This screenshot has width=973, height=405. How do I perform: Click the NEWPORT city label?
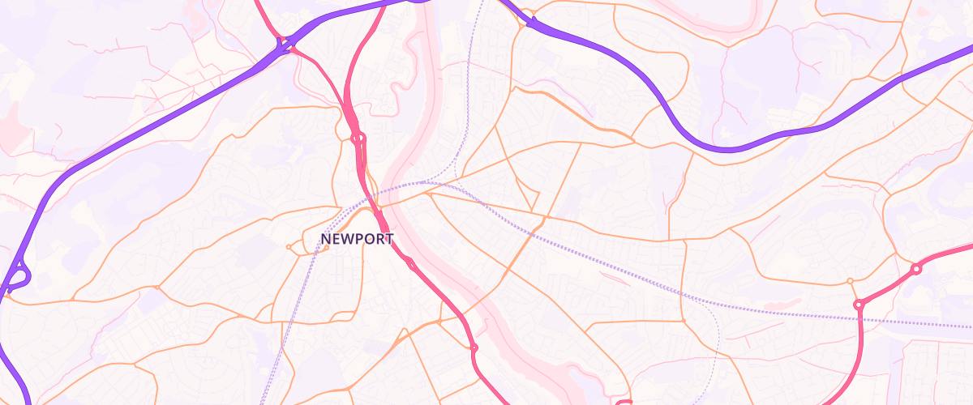(357, 240)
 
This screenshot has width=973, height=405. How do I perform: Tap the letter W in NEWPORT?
(347, 240)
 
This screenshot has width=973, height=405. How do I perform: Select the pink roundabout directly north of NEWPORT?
(358, 139)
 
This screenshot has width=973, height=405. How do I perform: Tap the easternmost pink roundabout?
(916, 269)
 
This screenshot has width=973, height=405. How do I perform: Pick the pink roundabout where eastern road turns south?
(859, 305)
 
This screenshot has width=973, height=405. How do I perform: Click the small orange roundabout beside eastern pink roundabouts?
(850, 281)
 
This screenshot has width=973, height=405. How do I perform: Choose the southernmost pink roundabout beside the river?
(474, 348)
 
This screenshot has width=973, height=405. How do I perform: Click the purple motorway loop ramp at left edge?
(18, 275)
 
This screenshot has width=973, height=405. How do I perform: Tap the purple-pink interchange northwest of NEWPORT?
(282, 45)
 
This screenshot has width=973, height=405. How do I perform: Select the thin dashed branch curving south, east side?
(718, 340)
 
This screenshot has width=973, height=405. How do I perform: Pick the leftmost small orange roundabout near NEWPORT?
(289, 246)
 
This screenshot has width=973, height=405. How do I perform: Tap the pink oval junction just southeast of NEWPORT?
(411, 263)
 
